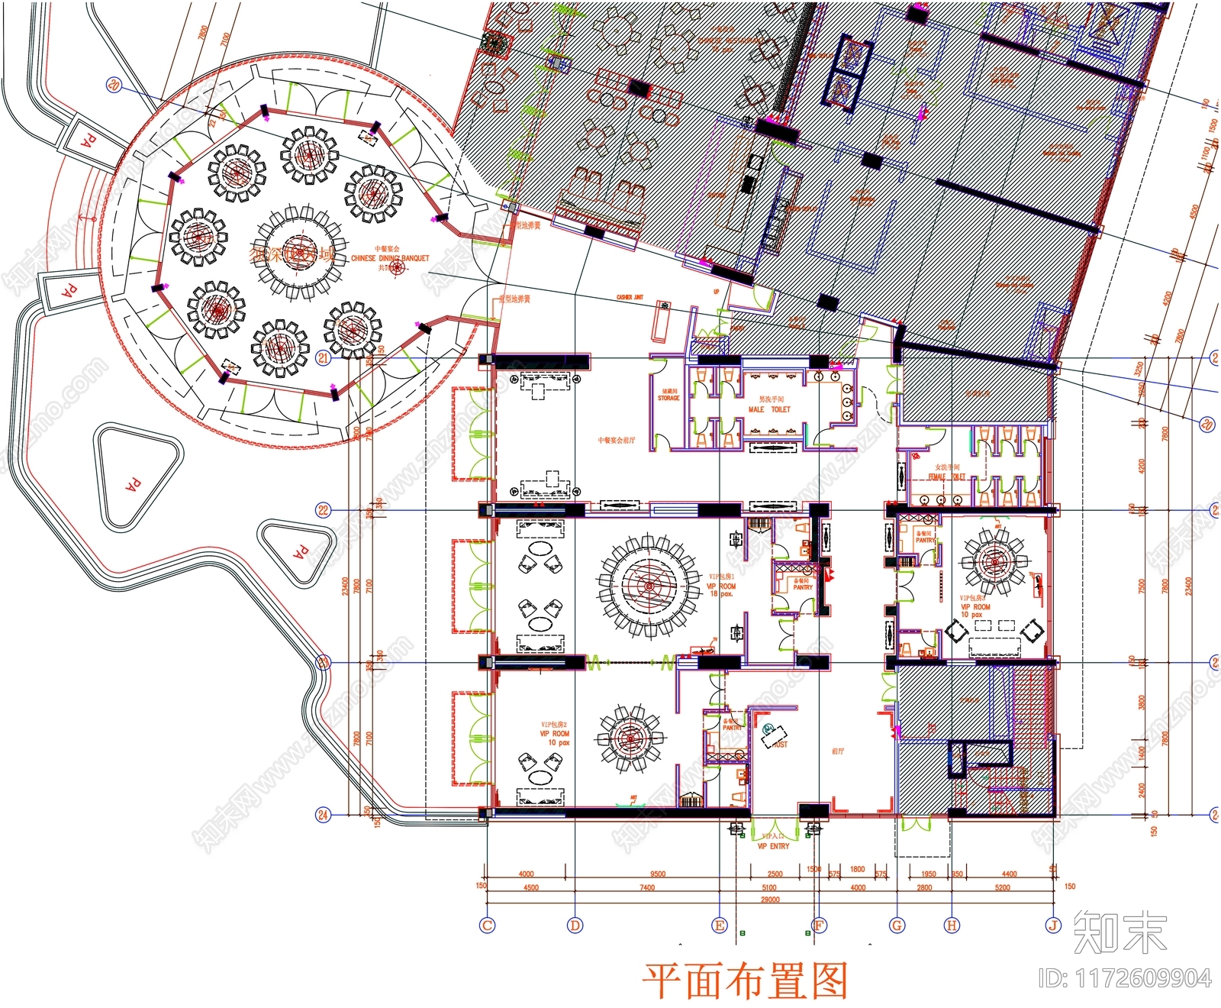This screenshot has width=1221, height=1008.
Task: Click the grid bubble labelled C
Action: tap(487, 926)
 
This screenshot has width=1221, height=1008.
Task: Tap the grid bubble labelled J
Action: tap(1053, 926)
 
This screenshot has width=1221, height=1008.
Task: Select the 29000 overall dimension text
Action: tap(770, 900)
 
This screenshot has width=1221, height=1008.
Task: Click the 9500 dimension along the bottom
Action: tap(657, 874)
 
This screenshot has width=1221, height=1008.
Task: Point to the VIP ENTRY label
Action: tap(773, 846)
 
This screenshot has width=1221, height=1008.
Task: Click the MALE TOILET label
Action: tap(769, 409)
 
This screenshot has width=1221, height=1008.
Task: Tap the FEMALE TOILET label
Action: tap(947, 477)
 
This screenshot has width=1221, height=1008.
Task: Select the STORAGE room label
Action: tap(668, 398)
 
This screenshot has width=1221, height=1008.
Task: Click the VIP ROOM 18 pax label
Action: tap(720, 586)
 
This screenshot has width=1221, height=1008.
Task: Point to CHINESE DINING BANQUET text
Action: tap(390, 258)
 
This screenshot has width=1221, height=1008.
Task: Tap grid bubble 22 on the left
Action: tap(323, 510)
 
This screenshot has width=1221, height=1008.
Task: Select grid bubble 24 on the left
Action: tap(323, 815)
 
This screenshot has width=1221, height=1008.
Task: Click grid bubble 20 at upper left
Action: tap(114, 85)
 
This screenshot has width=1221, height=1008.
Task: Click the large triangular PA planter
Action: tap(135, 481)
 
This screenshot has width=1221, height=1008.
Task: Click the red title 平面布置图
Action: tap(745, 981)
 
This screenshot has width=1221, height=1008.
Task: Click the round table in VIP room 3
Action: tap(994, 563)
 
